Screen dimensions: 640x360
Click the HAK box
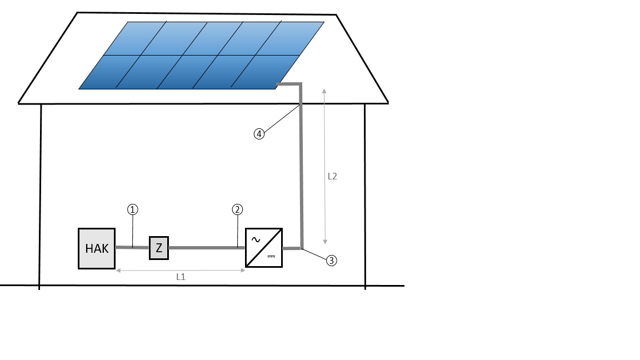[97, 248]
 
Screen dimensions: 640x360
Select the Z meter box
[159, 248]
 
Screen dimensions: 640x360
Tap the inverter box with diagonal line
[264, 248]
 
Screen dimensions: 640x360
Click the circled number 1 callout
[133, 210]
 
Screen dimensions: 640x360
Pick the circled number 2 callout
[238, 210]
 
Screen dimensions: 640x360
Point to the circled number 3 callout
[332, 261]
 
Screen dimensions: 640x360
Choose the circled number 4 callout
[259, 134]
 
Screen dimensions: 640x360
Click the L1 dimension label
[181, 277]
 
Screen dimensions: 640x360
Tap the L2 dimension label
[332, 176]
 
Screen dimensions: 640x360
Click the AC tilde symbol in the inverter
[256, 239]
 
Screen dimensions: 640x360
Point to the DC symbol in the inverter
[272, 256]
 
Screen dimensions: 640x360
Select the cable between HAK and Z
[132, 247]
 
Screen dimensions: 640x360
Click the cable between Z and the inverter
[207, 248]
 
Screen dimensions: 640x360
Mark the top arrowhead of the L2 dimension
[324, 91]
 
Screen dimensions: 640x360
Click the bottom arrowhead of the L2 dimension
[325, 242]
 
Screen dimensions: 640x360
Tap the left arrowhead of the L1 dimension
[119, 270]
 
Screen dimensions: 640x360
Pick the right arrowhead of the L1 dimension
[242, 270]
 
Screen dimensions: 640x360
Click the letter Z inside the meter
[159, 248]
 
